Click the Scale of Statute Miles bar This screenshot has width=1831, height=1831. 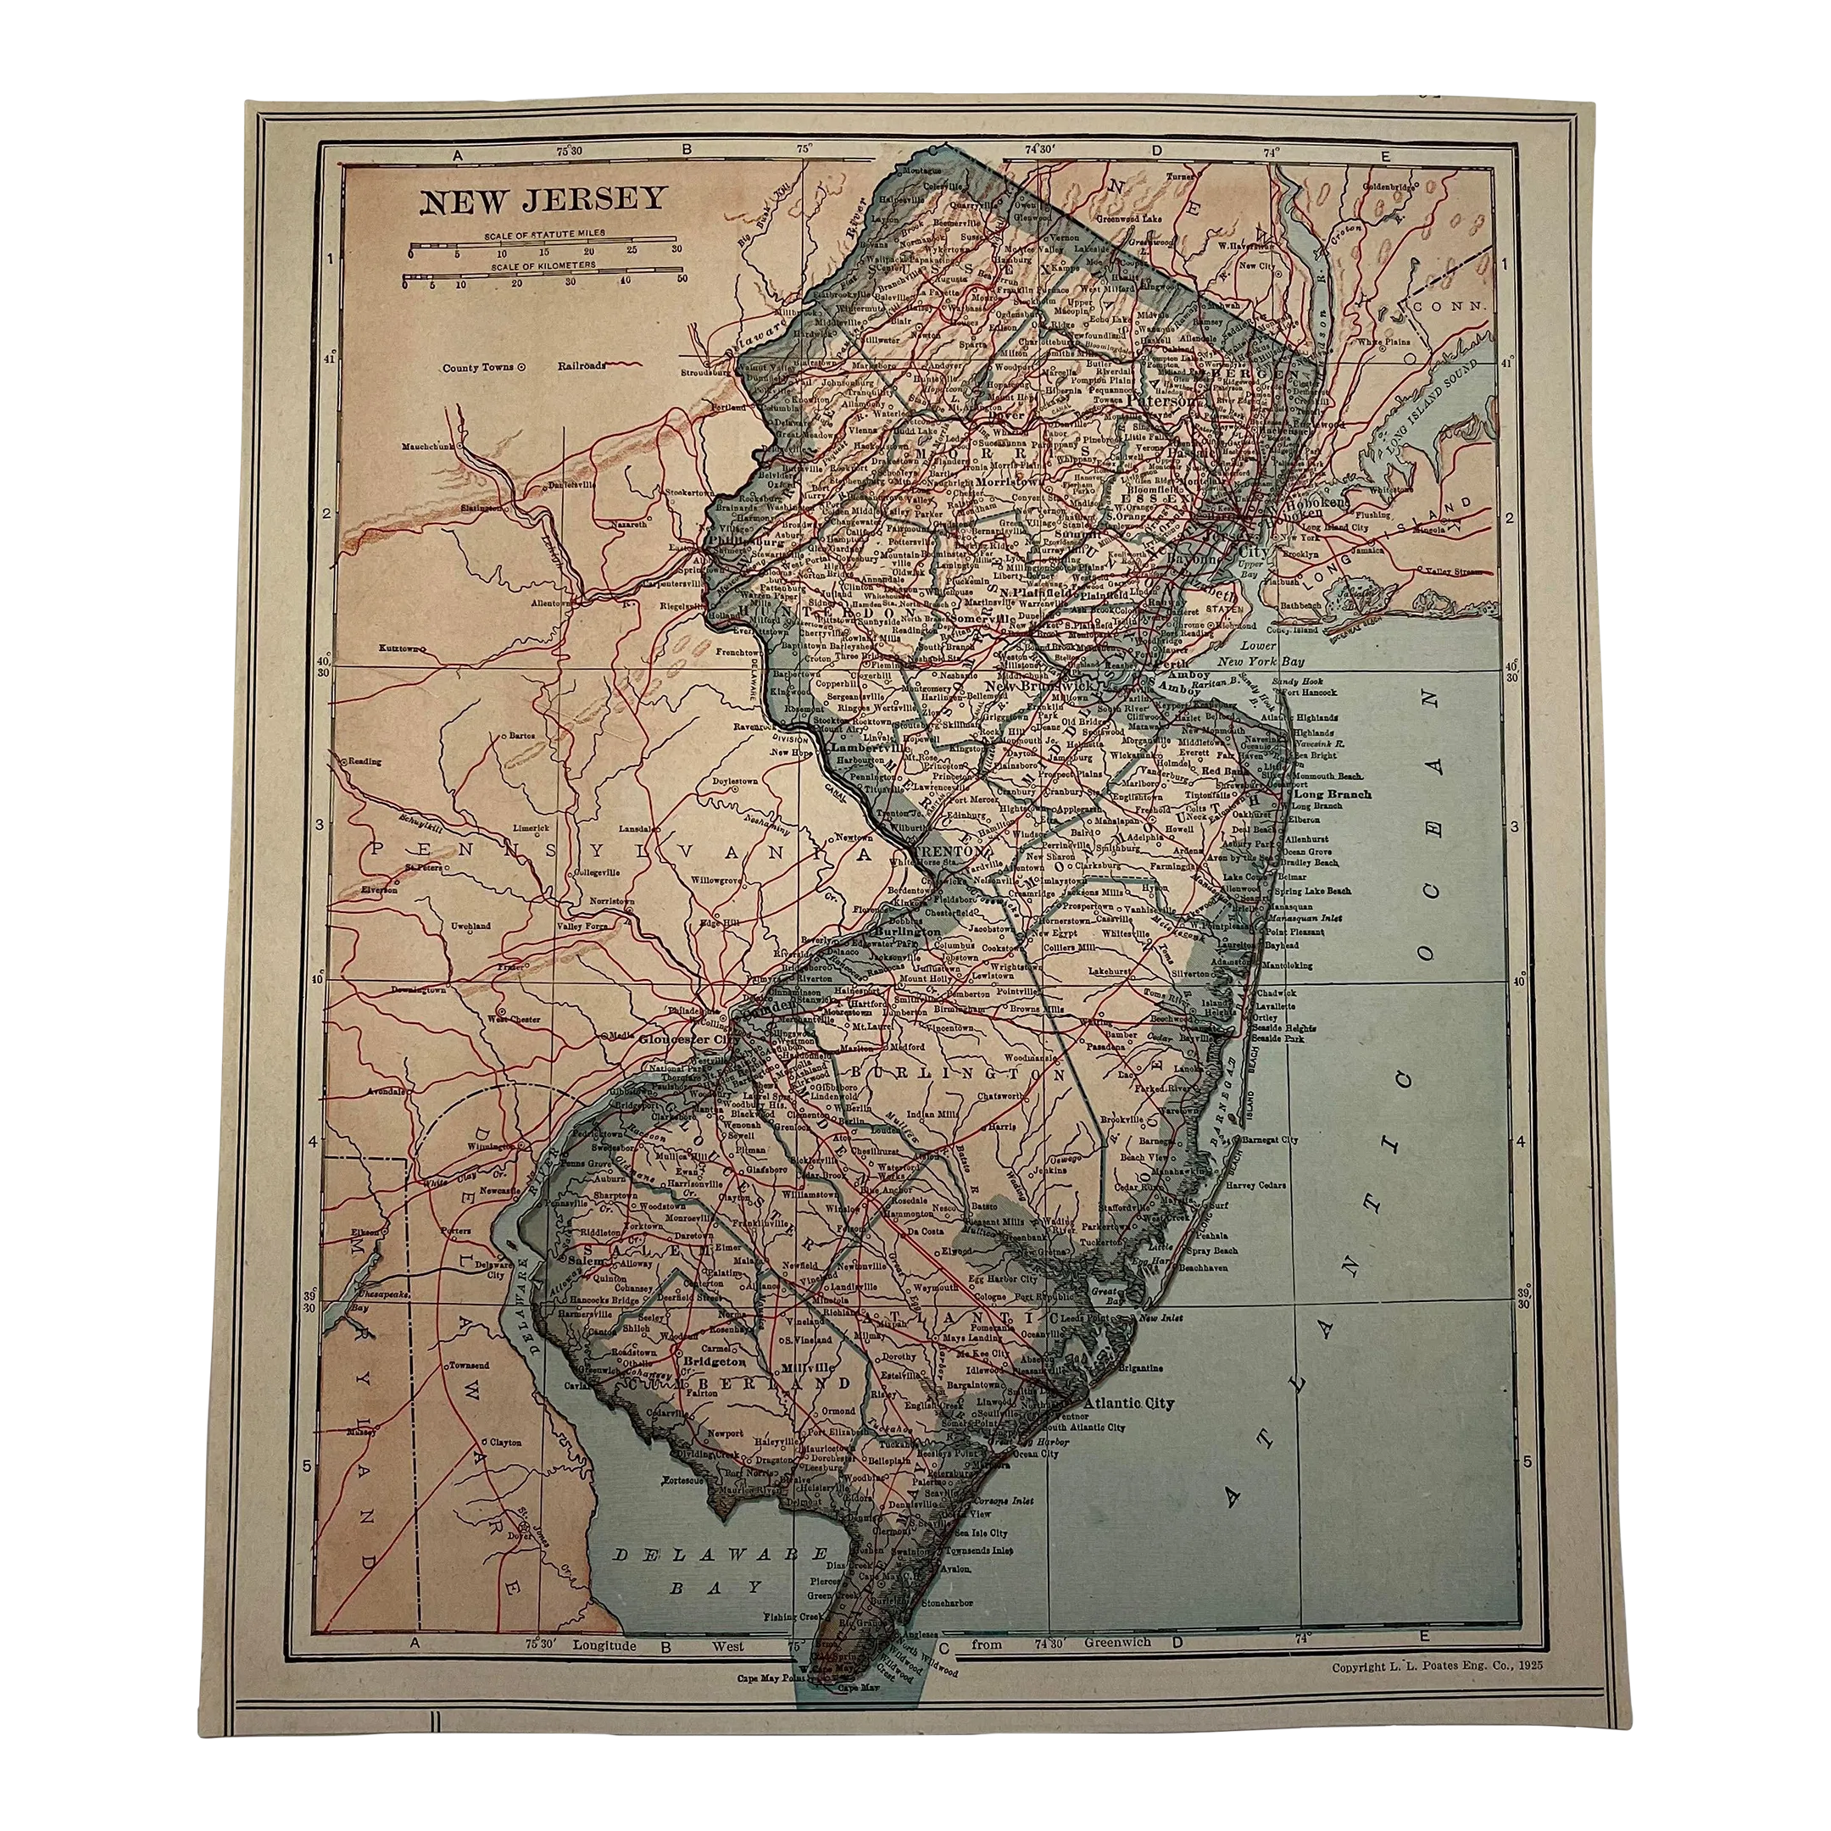[544, 249]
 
